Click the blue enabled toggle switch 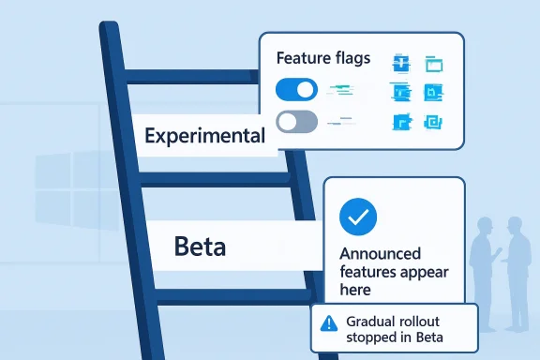click(x=296, y=90)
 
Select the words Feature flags click(x=323, y=58)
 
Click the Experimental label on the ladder click(x=204, y=136)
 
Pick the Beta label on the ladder click(x=201, y=247)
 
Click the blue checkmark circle click(x=358, y=217)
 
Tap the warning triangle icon click(x=328, y=323)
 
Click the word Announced click(x=380, y=254)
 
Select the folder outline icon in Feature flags click(x=433, y=64)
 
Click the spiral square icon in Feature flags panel click(x=433, y=122)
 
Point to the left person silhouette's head click(x=485, y=226)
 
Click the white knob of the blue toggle click(x=307, y=90)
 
